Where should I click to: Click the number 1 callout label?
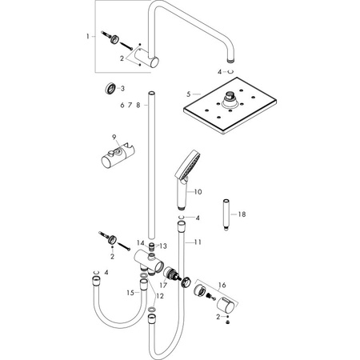[89, 37]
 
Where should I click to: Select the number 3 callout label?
[122, 88]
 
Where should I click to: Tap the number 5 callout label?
[189, 94]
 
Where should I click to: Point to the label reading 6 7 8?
[130, 105]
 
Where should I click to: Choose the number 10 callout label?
[199, 192]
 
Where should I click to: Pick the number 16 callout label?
[222, 284]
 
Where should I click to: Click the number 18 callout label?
[242, 214]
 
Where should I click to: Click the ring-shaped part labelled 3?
[106, 88]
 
